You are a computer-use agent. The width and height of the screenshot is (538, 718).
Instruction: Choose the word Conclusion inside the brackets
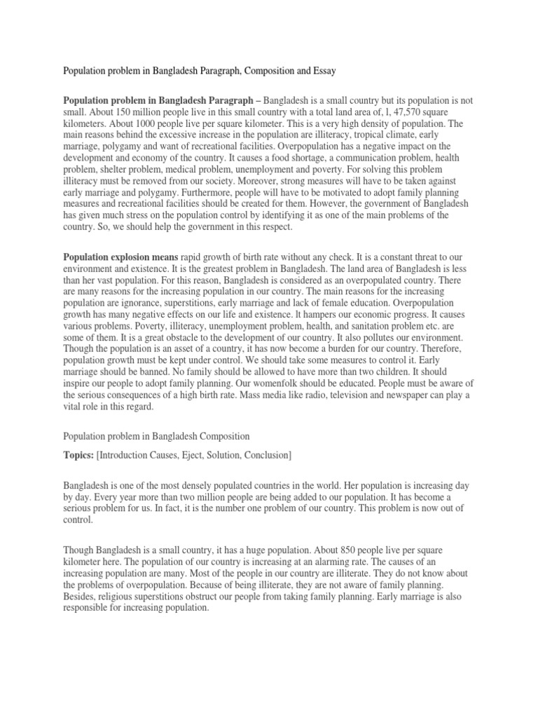coord(266,455)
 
